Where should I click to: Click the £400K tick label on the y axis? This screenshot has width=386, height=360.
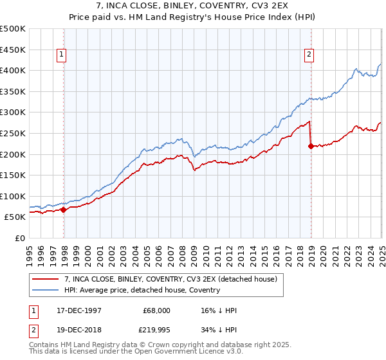(13, 70)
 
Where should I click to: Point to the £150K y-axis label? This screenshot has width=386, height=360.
(13, 175)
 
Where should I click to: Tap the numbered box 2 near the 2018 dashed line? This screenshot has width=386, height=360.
(309, 55)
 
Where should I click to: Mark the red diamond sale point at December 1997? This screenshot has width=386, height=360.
(64, 210)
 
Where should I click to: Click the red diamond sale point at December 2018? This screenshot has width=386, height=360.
(311, 146)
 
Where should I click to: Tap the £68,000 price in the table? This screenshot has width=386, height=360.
(157, 309)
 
